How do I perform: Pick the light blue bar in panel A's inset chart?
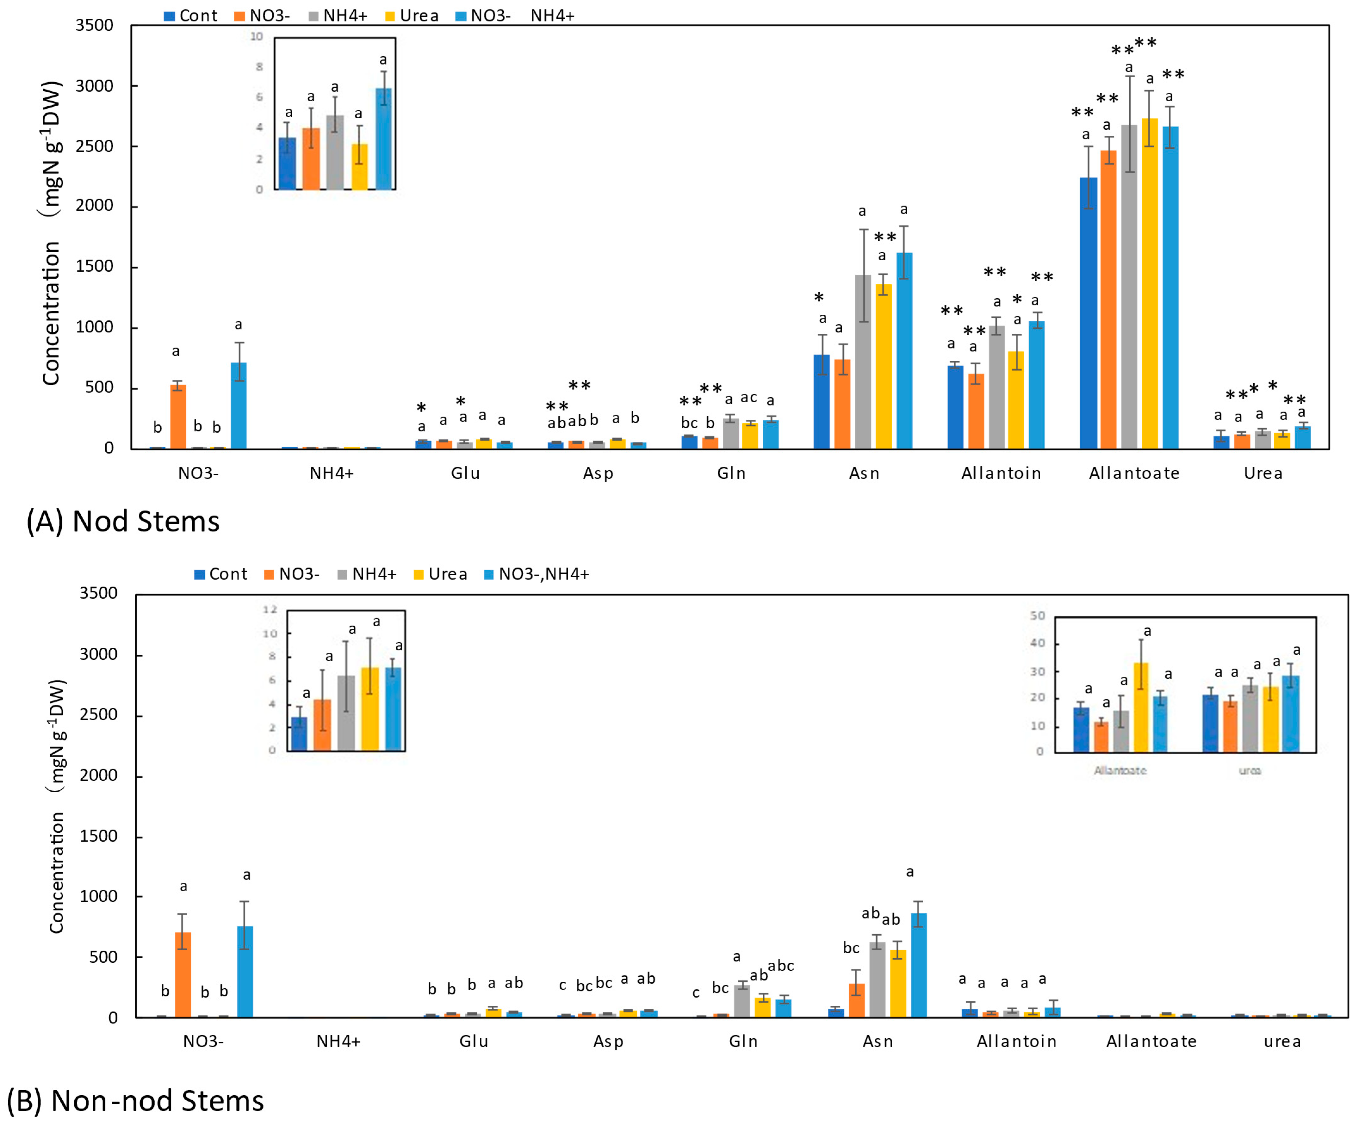(x=384, y=139)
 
